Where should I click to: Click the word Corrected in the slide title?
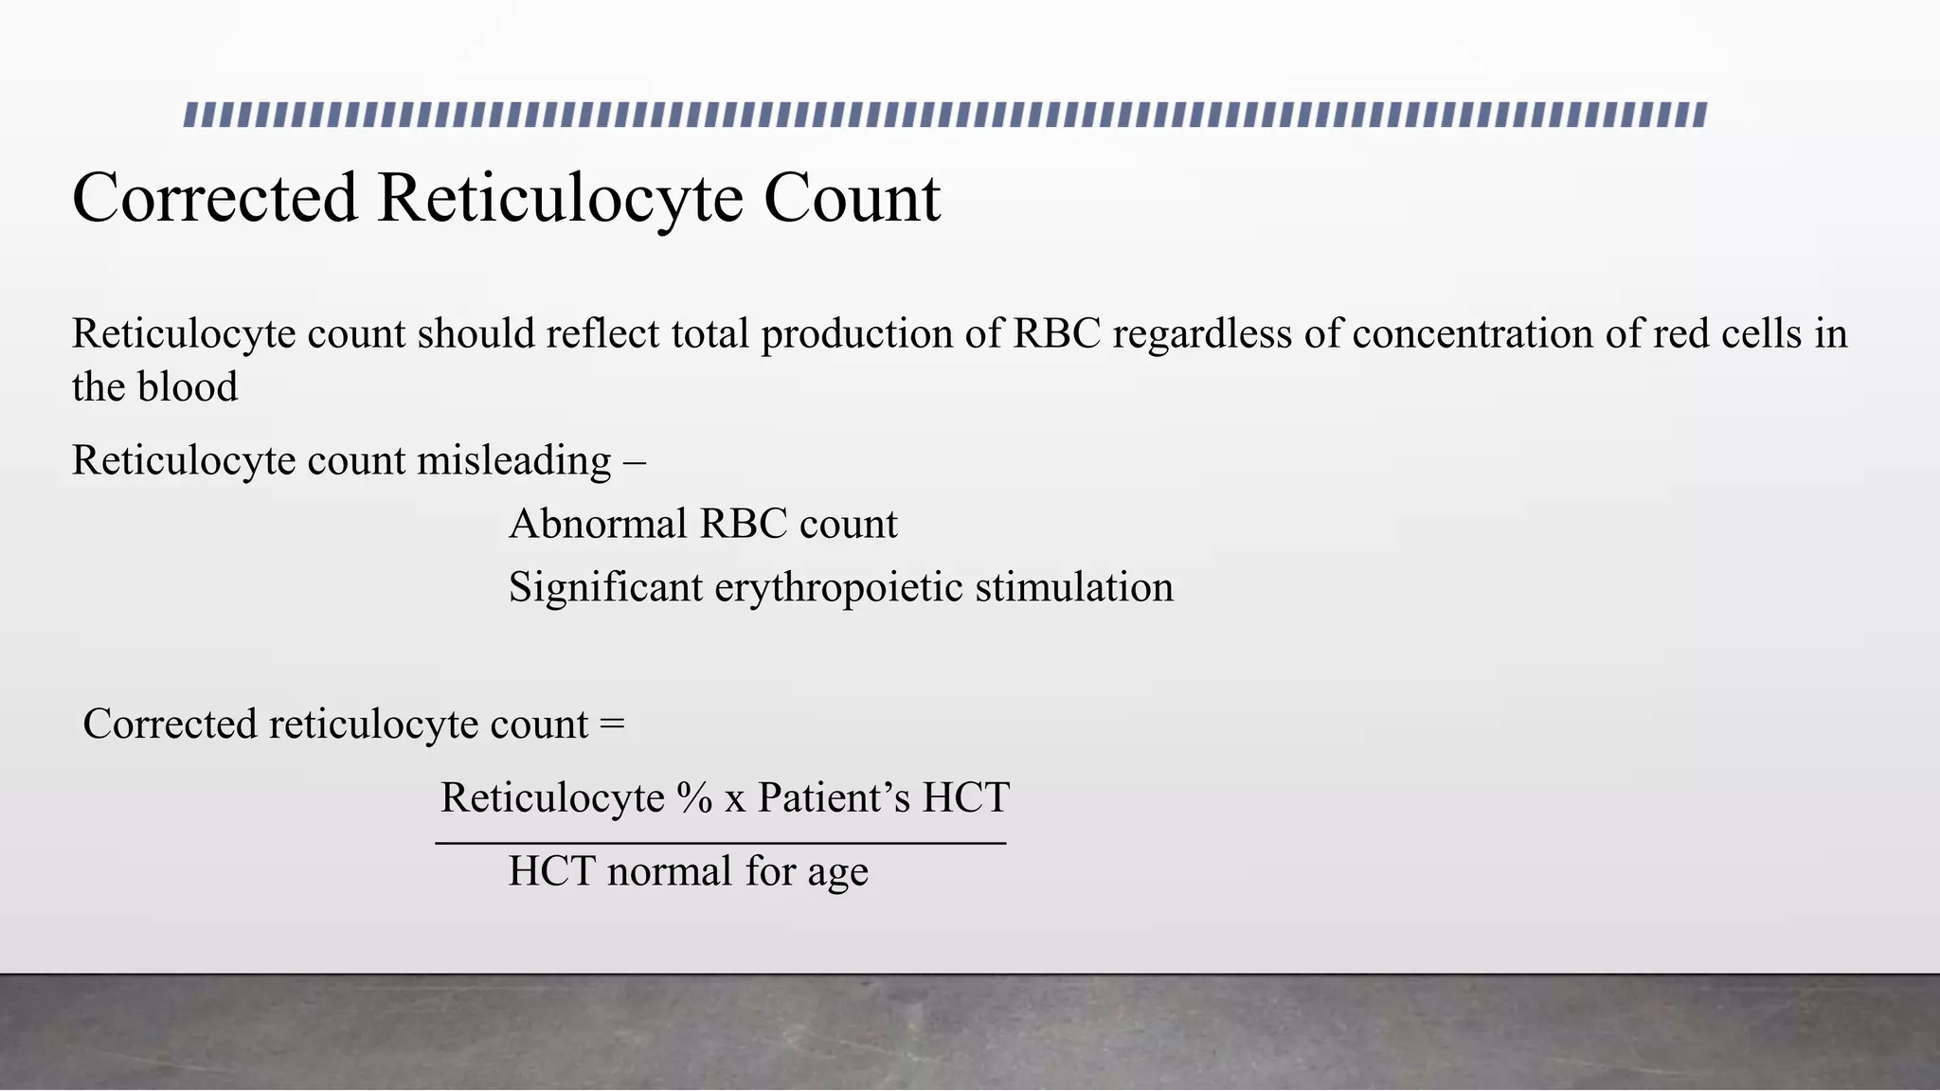215,199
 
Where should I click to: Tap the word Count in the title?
852,199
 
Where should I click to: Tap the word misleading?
514,461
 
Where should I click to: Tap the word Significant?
605,588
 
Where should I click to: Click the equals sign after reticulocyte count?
612,725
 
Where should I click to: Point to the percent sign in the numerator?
694,798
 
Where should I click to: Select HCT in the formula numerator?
966,798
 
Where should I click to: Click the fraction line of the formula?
720,843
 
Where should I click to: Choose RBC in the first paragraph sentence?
1057,334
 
